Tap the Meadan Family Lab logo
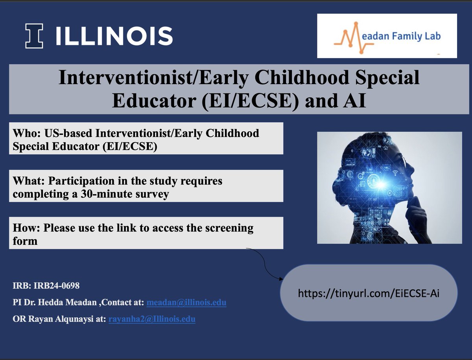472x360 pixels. (387, 36)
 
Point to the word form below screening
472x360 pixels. (25, 241)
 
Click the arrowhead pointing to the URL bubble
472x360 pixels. (280, 279)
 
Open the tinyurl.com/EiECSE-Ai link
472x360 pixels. (368, 293)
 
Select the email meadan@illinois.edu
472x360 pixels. (186, 303)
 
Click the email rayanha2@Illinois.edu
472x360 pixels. (151, 320)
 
